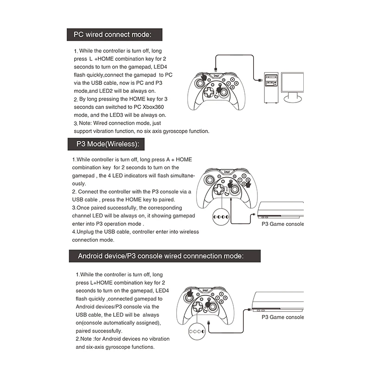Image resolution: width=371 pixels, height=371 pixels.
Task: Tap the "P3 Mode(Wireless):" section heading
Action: (106, 144)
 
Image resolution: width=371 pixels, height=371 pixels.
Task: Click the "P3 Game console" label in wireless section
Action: (283, 224)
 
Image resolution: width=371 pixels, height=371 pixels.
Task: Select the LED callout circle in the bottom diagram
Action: (198, 332)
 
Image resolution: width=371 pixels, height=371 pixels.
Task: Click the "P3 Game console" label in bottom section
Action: (283, 317)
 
